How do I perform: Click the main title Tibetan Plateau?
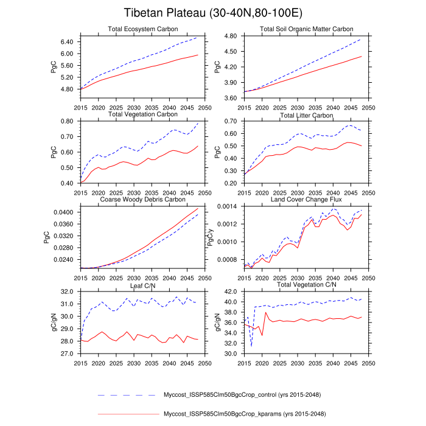[212, 13]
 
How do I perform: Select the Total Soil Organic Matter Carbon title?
[306, 29]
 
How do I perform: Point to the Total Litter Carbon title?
[306, 114]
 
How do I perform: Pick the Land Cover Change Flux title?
[306, 199]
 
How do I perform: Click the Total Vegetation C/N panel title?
[306, 285]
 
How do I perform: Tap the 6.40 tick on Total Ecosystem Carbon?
[66, 42]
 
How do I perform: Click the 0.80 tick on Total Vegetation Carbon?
[66, 122]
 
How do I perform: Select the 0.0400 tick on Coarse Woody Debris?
[63, 212]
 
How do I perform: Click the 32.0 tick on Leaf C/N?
[66, 292]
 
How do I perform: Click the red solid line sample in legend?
[128, 414]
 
